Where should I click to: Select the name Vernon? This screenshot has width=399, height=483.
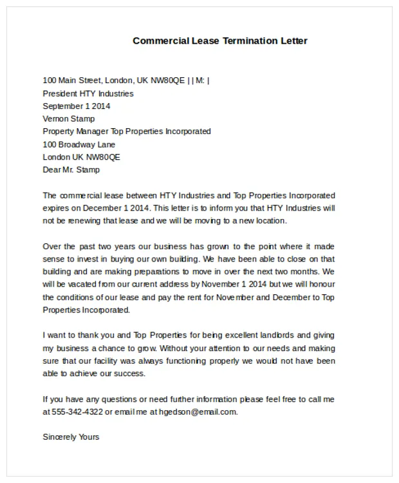pyautogui.click(x=57, y=118)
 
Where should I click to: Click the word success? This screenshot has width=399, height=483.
pyautogui.click(x=129, y=374)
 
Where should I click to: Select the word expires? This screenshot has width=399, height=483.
pyautogui.click(x=56, y=208)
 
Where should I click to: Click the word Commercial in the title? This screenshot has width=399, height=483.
pyautogui.click(x=160, y=41)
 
